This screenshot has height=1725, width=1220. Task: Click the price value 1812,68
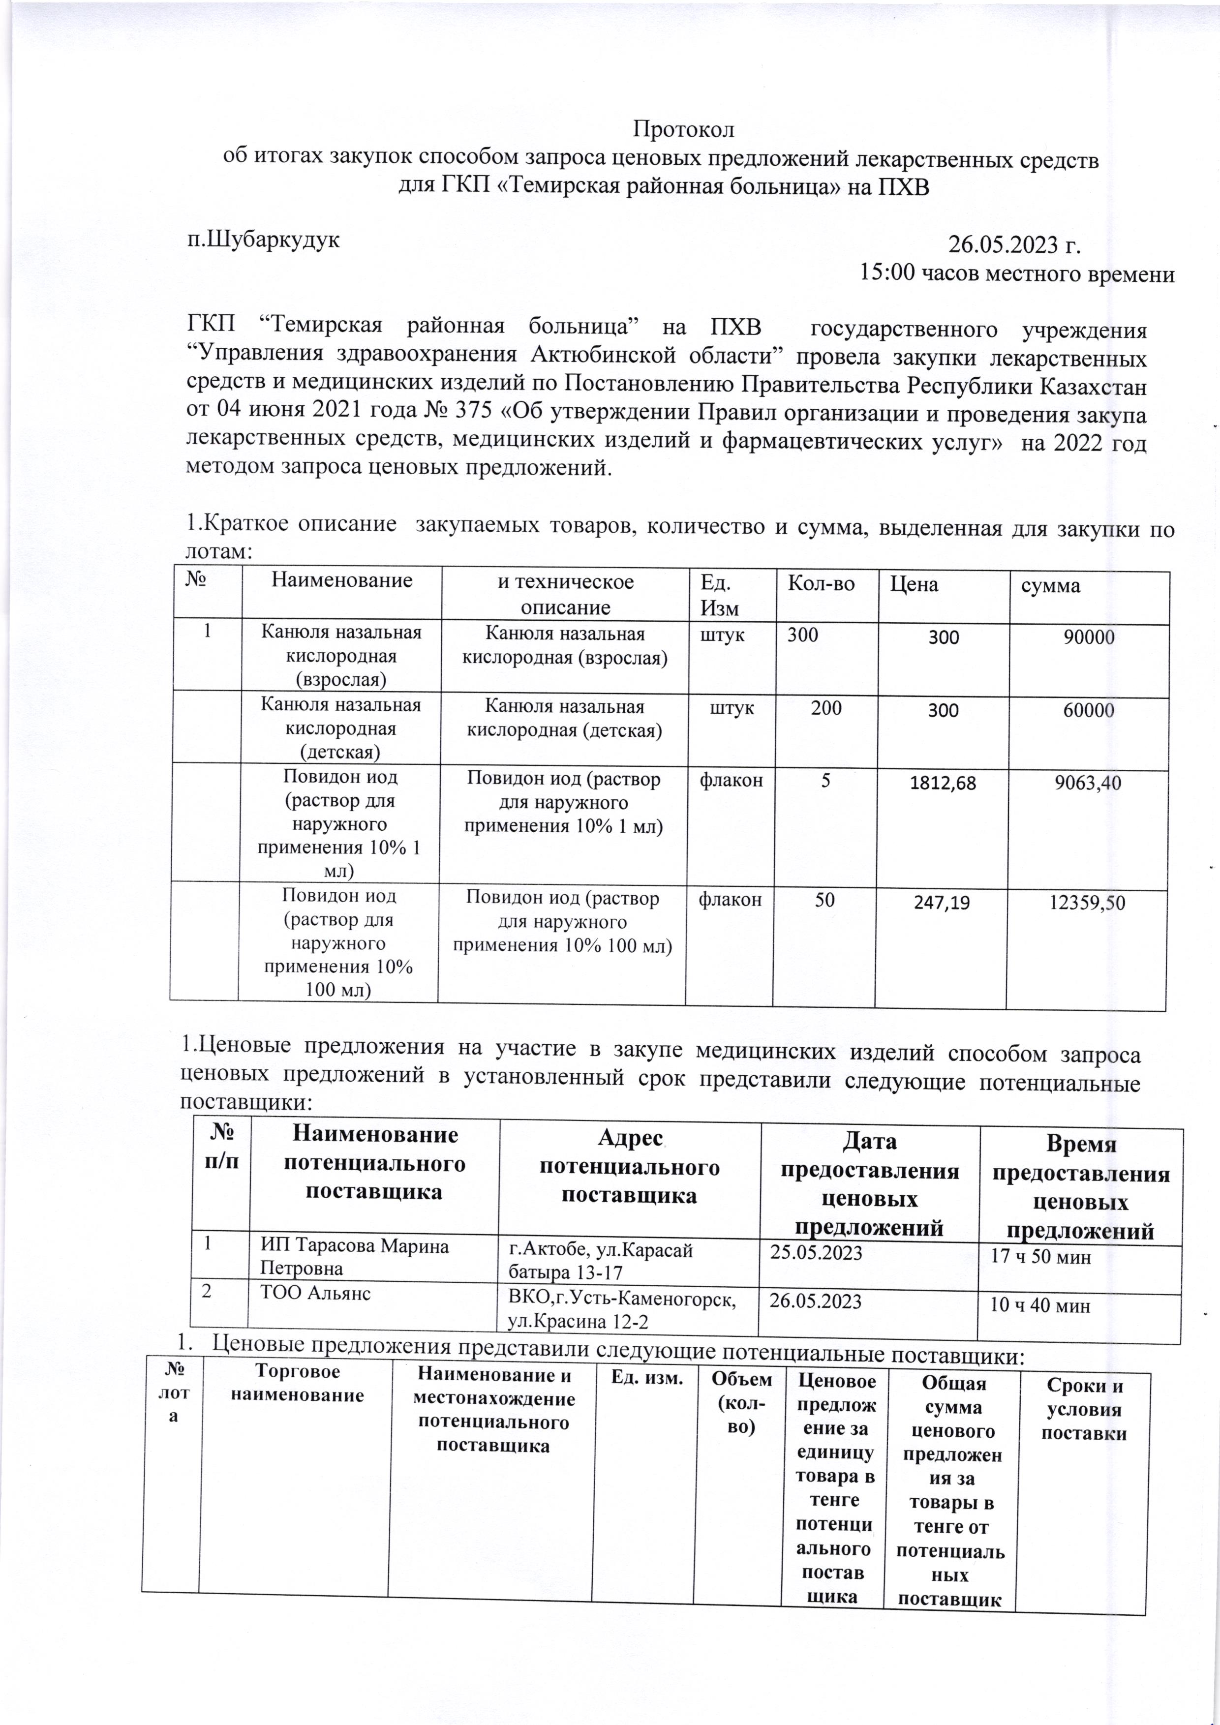pyautogui.click(x=943, y=784)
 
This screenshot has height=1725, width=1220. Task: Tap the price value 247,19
pyautogui.click(x=941, y=902)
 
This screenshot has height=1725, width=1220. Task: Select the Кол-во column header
pyautogui.click(x=821, y=584)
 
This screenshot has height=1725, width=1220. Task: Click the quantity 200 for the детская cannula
pyautogui.click(x=825, y=708)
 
